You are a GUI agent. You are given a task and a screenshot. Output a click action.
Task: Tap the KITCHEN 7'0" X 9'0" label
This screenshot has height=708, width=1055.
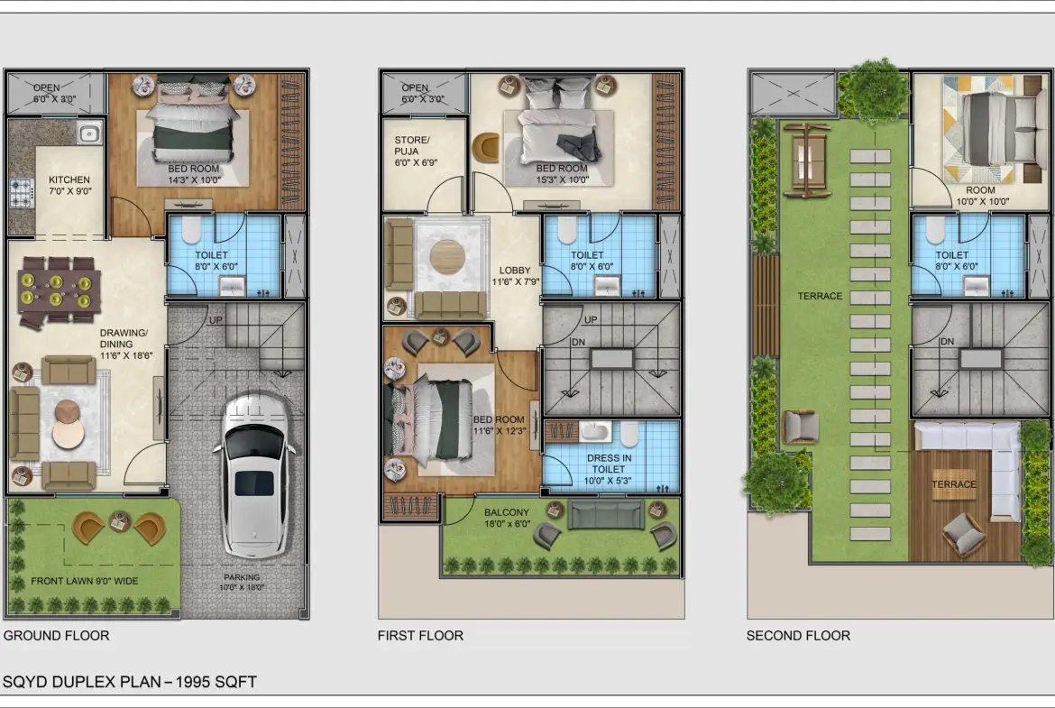tap(70, 185)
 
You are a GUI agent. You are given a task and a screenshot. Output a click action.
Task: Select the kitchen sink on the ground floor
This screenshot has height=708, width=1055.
tap(88, 133)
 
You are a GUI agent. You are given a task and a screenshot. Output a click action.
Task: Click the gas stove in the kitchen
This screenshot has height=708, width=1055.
tap(21, 192)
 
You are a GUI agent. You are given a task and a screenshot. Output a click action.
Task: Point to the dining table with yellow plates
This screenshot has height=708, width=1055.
tap(57, 290)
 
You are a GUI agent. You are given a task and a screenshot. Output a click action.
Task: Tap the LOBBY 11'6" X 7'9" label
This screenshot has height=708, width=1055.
tap(516, 276)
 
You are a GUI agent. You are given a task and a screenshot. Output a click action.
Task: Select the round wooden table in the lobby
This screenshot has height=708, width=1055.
tap(447, 257)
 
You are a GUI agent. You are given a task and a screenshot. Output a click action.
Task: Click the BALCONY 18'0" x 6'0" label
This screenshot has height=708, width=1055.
tap(507, 518)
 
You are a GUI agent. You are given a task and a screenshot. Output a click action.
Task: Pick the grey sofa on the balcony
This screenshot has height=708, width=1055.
tap(606, 514)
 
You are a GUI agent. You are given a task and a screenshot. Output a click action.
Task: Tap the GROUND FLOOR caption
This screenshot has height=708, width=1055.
tap(57, 635)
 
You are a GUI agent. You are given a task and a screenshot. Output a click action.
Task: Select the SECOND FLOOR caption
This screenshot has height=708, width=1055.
tap(798, 635)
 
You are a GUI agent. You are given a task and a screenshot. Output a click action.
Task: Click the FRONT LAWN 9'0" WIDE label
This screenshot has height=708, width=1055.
tap(84, 581)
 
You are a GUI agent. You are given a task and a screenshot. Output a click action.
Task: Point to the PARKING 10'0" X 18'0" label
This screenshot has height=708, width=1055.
tap(242, 582)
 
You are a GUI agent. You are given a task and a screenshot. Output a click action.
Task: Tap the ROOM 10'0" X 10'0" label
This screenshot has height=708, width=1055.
tap(980, 195)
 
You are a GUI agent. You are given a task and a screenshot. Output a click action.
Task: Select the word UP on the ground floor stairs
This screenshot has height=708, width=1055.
tap(216, 320)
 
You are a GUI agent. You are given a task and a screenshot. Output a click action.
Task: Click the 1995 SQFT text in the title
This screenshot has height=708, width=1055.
tap(216, 682)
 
